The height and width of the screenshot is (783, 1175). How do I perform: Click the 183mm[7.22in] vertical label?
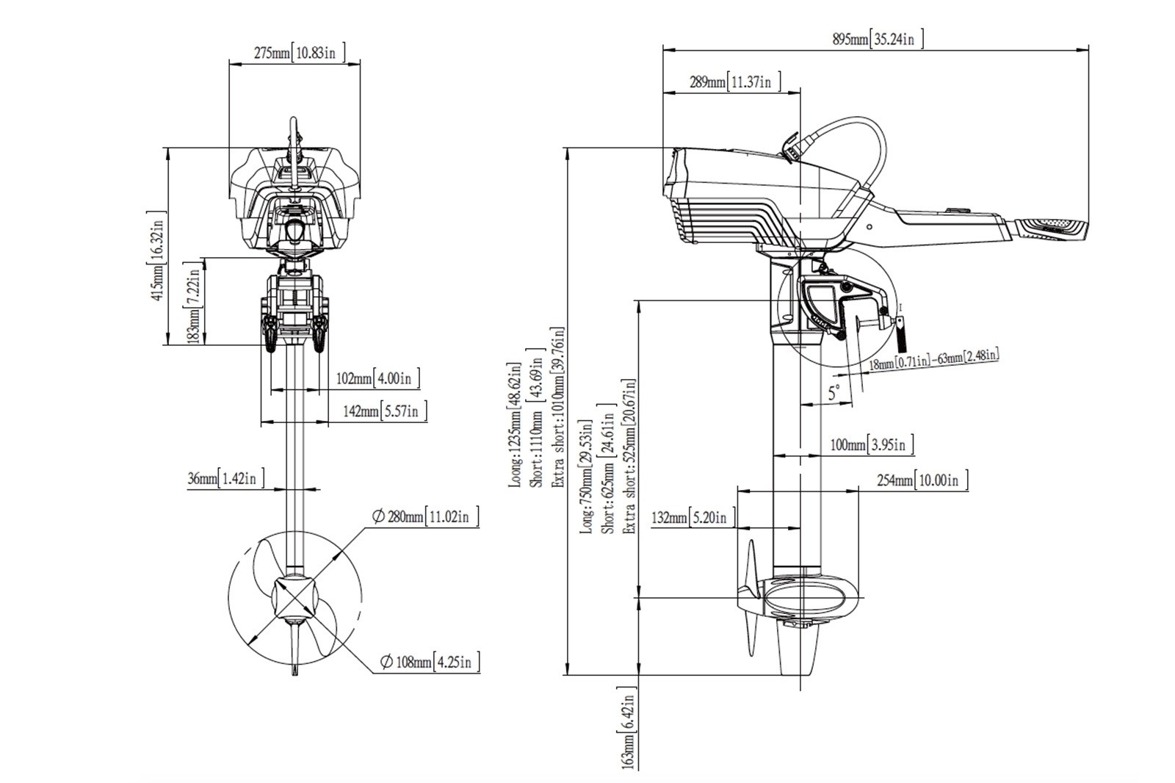[193, 302]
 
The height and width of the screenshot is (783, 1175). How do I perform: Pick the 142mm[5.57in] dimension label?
[385, 411]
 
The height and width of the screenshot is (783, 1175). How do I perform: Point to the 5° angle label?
[834, 393]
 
